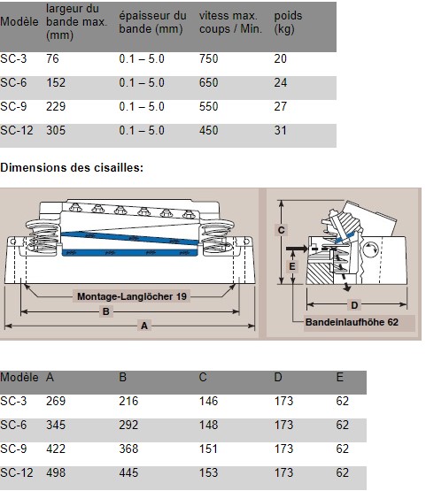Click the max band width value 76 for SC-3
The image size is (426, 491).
click(52, 58)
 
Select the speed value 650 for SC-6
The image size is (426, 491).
click(208, 82)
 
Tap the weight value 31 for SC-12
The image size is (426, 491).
click(280, 130)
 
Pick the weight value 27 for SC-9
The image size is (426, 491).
click(280, 106)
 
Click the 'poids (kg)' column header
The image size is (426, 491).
click(288, 22)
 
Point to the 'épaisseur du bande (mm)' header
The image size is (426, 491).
click(152, 22)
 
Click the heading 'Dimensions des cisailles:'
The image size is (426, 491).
click(72, 167)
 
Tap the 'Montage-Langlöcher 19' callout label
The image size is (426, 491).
click(132, 296)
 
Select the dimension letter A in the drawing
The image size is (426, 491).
click(144, 326)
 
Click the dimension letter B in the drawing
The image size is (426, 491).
click(106, 311)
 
